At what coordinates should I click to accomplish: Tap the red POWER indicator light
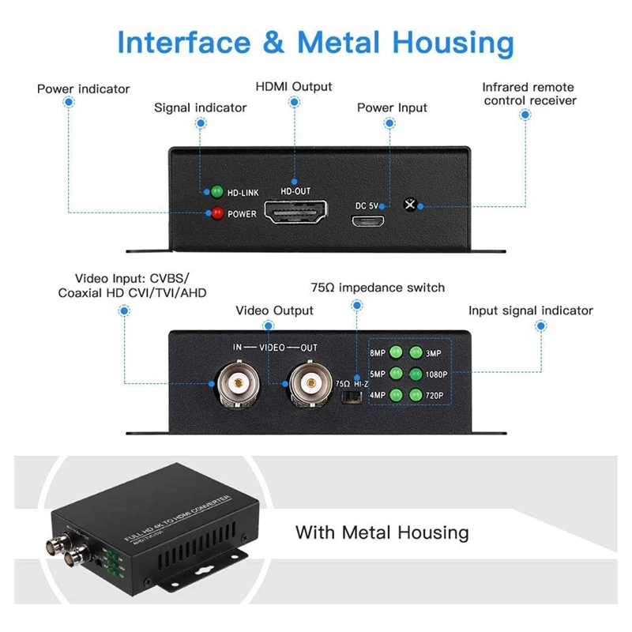tap(215, 213)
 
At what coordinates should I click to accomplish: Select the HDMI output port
tap(297, 214)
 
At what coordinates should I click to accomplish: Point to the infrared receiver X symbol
tap(409, 204)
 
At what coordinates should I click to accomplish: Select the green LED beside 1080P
tap(416, 374)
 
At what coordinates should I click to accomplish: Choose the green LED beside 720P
tap(416, 396)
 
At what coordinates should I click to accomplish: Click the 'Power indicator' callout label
tap(83, 88)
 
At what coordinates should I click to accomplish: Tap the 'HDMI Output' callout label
tap(294, 86)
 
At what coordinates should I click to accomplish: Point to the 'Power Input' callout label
tap(392, 107)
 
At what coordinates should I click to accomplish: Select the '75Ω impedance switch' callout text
tap(378, 288)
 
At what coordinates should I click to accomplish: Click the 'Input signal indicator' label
tap(530, 310)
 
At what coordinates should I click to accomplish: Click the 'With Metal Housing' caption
tap(382, 532)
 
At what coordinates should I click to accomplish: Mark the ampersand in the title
tap(273, 43)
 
